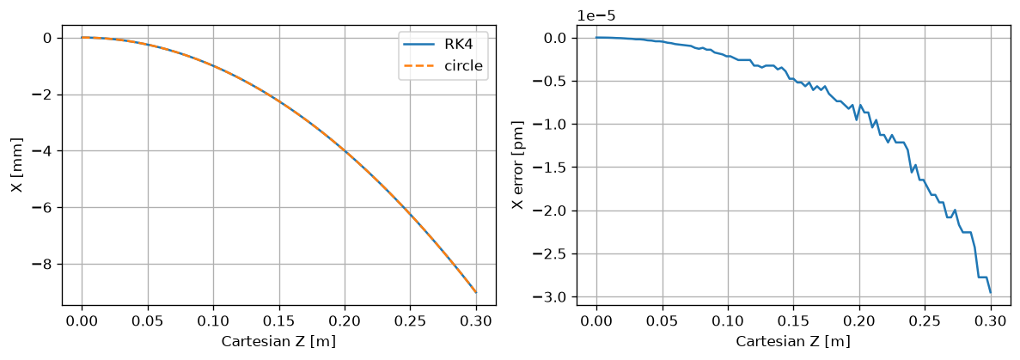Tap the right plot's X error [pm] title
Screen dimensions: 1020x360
coord(517,165)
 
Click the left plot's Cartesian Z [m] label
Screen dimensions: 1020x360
coord(278,340)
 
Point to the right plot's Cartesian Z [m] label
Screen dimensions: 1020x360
coord(793,340)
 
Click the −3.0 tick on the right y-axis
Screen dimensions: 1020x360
coord(553,297)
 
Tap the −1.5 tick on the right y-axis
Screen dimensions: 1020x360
coord(553,168)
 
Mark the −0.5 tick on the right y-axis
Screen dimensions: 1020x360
coord(553,82)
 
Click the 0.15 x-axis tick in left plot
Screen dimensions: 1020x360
coord(279,321)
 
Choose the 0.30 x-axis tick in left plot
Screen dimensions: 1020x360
coord(476,321)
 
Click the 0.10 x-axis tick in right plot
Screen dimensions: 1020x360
coord(728,321)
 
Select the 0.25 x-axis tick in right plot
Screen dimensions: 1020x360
coord(925,321)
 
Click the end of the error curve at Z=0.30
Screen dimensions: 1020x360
coord(990,293)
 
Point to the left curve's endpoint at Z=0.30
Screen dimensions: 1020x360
coord(476,292)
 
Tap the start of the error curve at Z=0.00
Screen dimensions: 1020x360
coord(596,37)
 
